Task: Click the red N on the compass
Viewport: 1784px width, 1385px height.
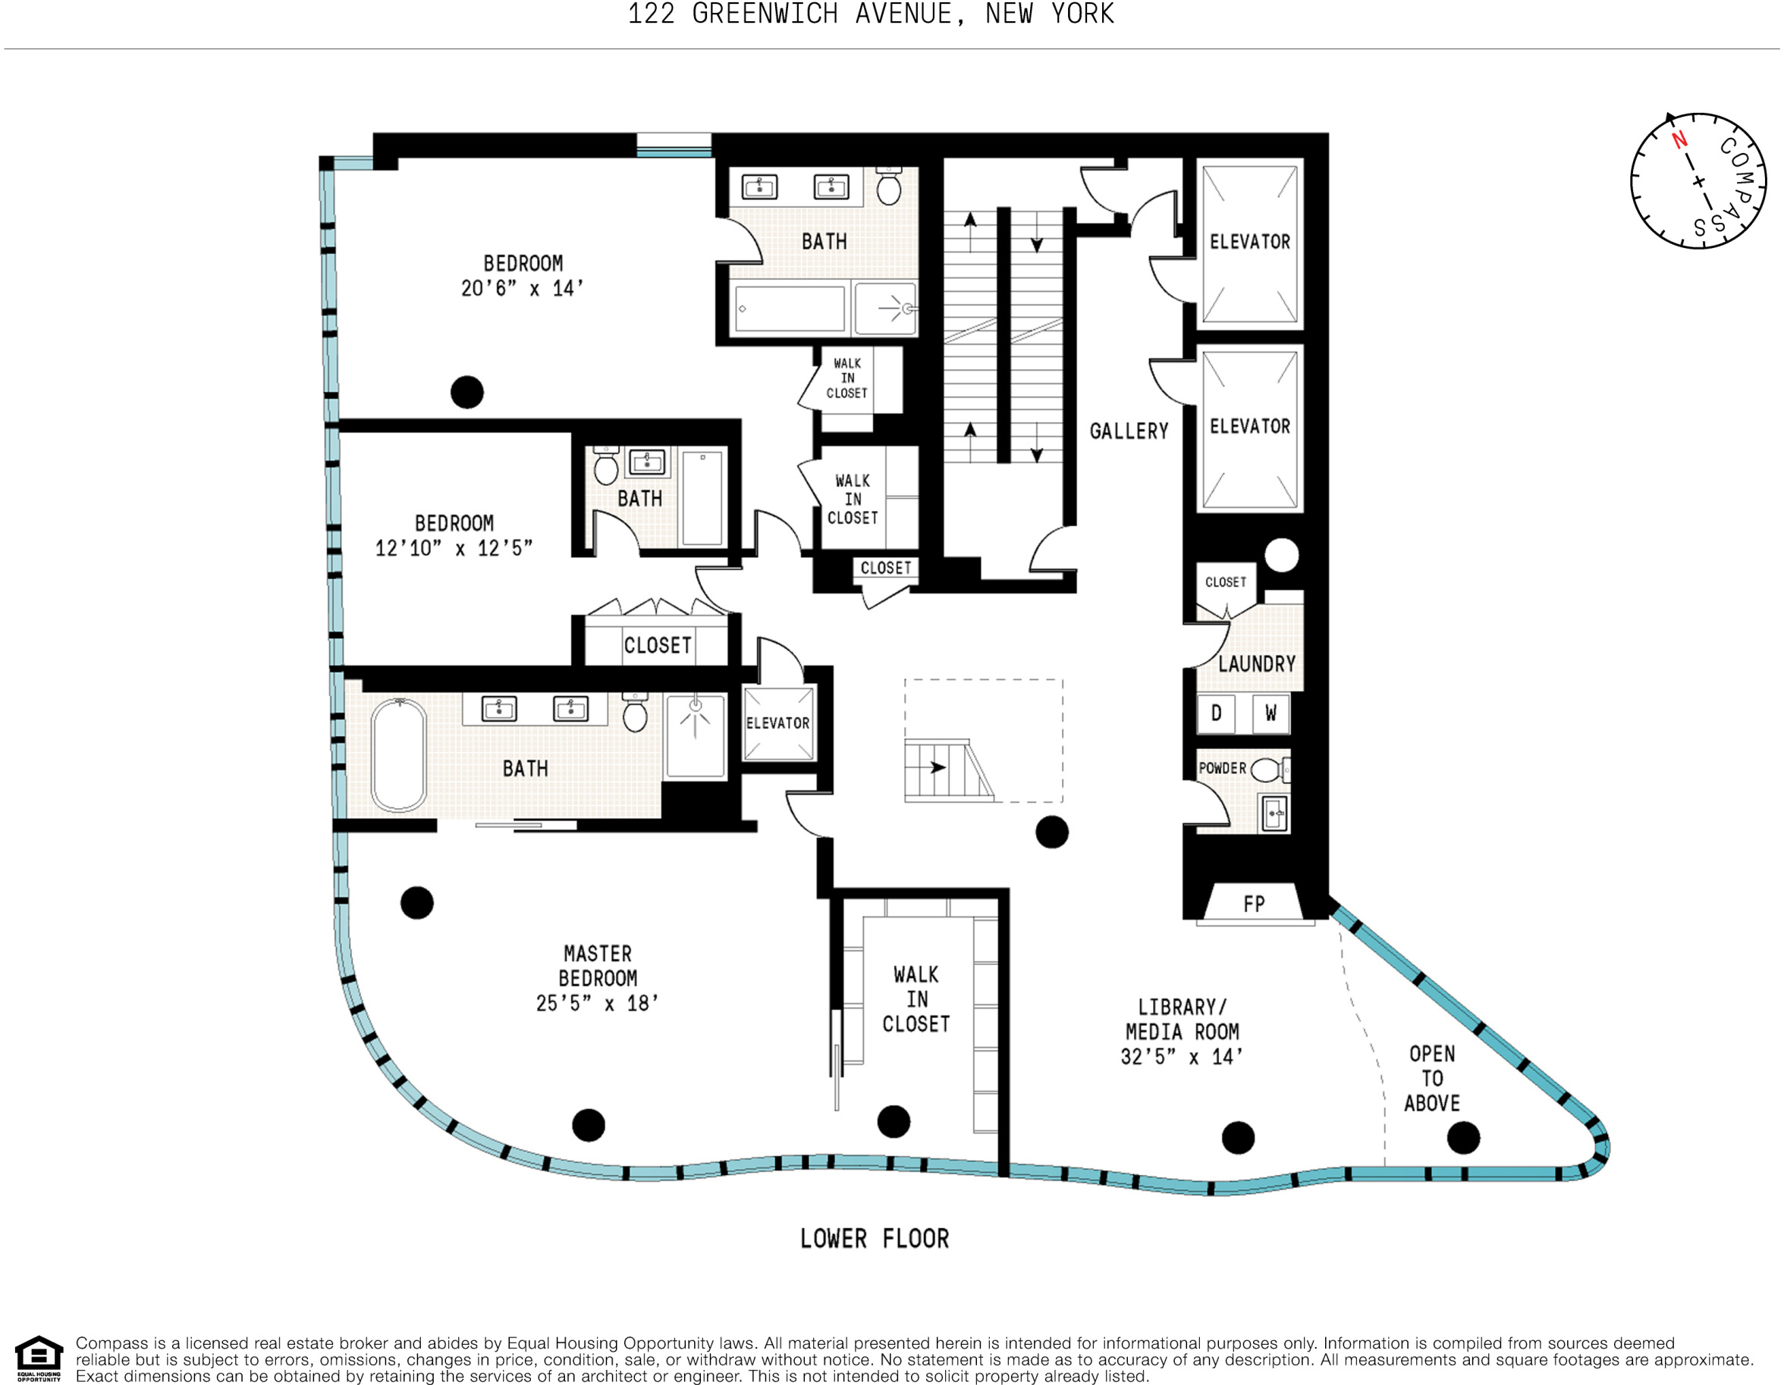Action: (1679, 140)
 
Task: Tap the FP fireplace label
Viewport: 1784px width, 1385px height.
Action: (1254, 904)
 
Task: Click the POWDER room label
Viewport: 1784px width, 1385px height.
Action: (1222, 769)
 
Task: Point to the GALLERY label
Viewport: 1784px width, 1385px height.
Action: (1129, 431)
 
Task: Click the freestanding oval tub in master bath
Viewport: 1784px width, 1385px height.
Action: (399, 755)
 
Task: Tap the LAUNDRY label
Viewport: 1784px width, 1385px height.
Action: (1256, 664)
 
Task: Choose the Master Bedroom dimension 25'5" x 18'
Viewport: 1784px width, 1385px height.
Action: (597, 1003)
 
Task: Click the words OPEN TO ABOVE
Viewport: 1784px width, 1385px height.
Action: (1432, 1078)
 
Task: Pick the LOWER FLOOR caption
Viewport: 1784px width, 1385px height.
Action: (874, 1239)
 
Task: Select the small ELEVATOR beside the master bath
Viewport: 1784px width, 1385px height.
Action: (777, 723)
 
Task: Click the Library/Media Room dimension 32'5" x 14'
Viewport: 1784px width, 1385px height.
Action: (1181, 1057)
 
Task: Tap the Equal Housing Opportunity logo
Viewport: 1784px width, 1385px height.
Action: (39, 1358)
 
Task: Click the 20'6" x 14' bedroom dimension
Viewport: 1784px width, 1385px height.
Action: (522, 288)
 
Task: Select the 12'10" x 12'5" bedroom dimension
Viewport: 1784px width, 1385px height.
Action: (454, 548)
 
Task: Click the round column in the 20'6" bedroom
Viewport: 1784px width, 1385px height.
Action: (467, 392)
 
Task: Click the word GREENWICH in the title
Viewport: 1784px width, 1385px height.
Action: (765, 14)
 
